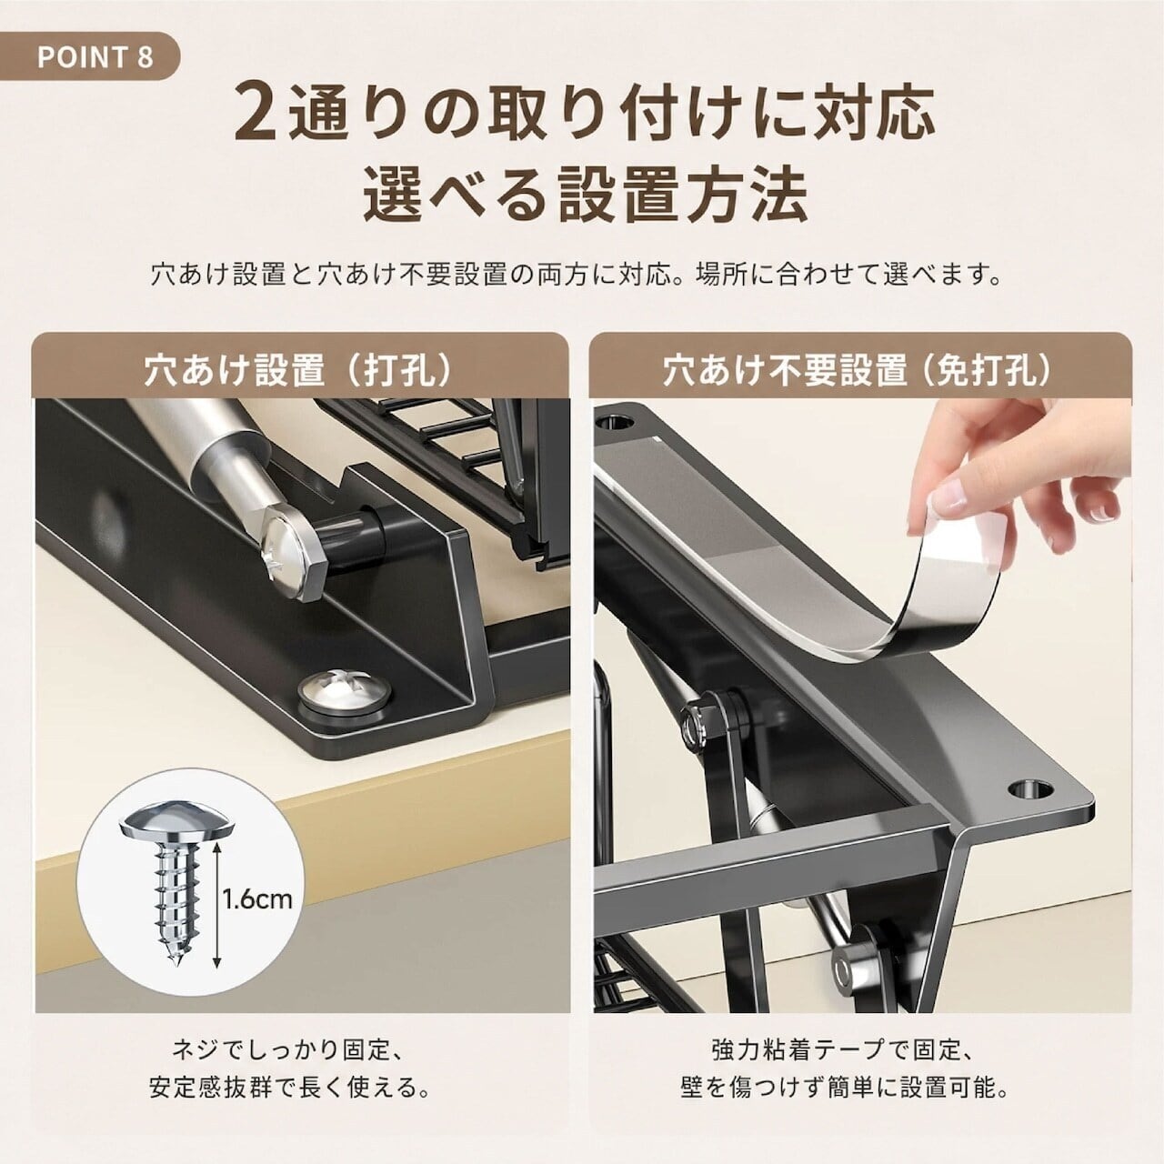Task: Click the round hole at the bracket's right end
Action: pos(1029,788)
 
